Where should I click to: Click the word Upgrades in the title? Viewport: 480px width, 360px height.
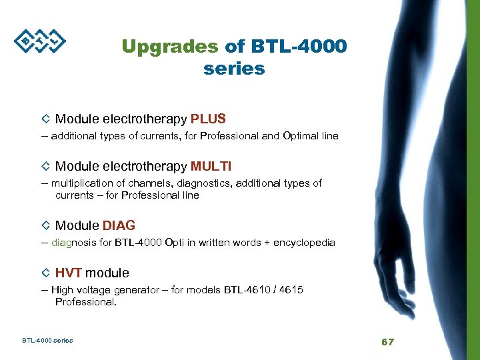(169, 47)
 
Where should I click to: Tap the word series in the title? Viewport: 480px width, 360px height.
(234, 68)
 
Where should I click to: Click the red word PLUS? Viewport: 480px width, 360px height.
(208, 119)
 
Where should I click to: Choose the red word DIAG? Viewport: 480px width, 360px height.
(119, 226)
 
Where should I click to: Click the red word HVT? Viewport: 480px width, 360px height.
(69, 273)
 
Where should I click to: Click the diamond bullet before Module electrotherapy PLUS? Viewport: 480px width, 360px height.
(45, 119)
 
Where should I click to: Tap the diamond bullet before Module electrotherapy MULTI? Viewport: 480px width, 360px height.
(45, 166)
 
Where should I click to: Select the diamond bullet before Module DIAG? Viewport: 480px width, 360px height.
(45, 226)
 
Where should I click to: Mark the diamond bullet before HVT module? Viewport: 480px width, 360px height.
(45, 273)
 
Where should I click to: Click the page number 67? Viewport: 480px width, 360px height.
(387, 341)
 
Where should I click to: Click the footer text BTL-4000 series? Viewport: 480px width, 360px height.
(47, 341)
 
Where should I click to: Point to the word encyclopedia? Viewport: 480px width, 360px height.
(305, 243)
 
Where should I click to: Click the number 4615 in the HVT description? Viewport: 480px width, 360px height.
(291, 289)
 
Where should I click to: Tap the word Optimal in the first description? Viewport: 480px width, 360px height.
(302, 136)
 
